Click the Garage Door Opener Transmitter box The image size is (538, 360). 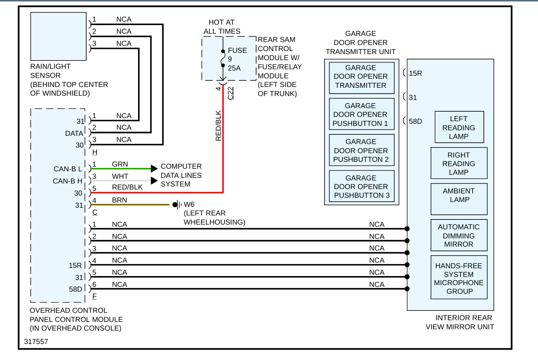point(362,77)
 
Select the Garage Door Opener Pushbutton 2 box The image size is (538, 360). point(362,151)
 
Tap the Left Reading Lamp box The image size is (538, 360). point(459,127)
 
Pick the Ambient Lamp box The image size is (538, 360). point(459,195)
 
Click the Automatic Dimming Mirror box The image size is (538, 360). point(459,235)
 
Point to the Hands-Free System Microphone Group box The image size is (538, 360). point(459,278)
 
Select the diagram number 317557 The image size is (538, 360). point(36,341)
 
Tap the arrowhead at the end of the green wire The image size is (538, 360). point(154,168)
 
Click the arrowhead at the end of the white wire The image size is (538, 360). point(154,180)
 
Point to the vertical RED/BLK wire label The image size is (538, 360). point(218,125)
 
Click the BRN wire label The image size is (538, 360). point(119,201)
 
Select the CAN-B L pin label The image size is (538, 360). point(68,168)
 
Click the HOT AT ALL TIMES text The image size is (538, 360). point(222,27)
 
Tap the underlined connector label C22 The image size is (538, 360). point(231,93)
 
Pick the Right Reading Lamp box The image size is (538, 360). point(459,164)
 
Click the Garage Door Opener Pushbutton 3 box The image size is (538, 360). point(362,186)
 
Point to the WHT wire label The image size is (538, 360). point(119,177)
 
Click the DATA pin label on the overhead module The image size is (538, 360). point(74,134)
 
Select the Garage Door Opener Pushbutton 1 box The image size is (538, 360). point(362,114)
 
